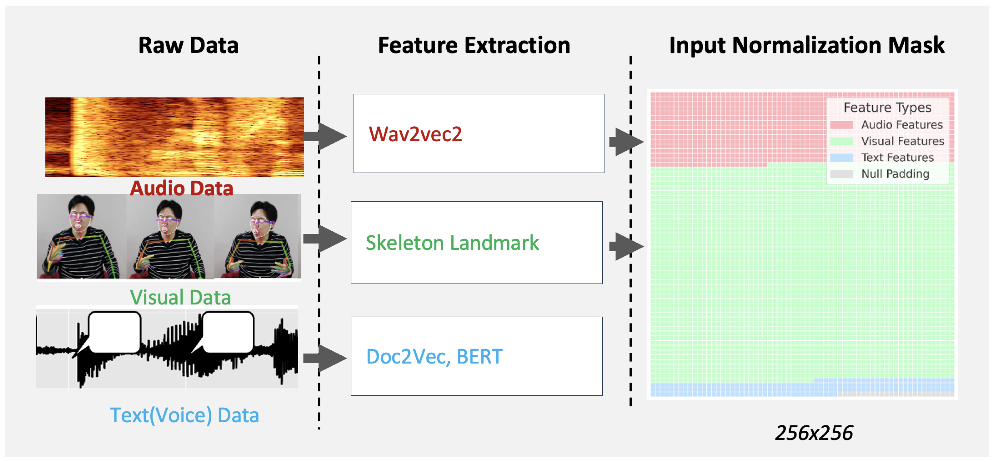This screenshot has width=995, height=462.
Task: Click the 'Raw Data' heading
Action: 188,45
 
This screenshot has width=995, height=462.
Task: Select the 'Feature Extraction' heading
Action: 474,45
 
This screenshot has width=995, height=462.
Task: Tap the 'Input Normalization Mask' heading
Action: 807,45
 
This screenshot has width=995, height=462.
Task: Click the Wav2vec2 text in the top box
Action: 415,134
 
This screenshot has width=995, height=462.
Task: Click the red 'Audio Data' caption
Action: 181,188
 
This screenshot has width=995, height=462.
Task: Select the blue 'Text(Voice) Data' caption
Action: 184,415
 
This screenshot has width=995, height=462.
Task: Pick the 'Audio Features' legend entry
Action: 901,125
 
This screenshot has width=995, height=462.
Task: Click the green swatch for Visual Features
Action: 841,141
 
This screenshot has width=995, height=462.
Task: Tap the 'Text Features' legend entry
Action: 897,158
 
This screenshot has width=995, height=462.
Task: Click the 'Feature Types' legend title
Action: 887,107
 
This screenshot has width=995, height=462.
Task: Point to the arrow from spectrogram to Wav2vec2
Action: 326,136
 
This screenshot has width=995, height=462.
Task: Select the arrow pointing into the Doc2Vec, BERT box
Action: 326,358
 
